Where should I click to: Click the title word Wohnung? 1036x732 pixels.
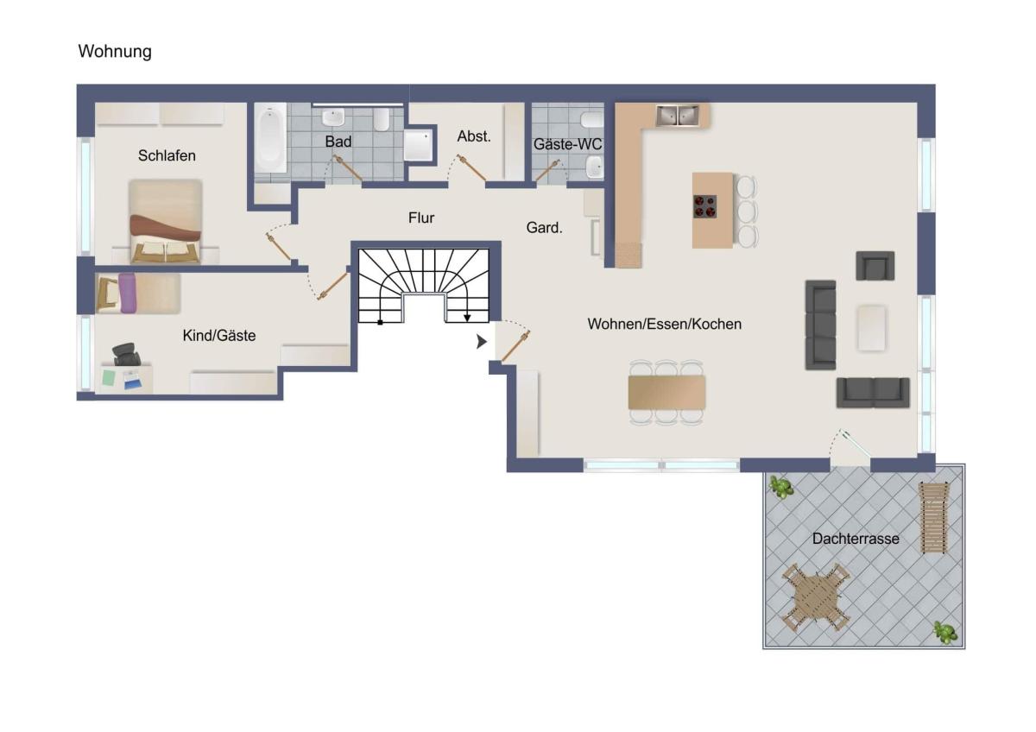pyautogui.click(x=115, y=51)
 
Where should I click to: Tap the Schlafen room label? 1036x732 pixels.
pyautogui.click(x=167, y=155)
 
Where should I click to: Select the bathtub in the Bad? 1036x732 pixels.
pyautogui.click(x=270, y=138)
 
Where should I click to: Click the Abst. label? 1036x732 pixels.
pyautogui.click(x=474, y=136)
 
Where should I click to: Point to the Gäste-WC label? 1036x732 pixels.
pyautogui.click(x=567, y=144)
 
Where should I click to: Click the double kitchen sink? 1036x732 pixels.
pyautogui.click(x=678, y=116)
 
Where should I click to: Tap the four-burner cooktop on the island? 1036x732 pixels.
pyautogui.click(x=704, y=206)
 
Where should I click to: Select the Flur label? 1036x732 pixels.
pyautogui.click(x=421, y=218)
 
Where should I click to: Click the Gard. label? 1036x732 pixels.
pyautogui.click(x=544, y=228)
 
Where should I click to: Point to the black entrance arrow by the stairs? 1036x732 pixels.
pyautogui.click(x=482, y=342)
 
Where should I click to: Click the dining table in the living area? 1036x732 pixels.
pyautogui.click(x=666, y=392)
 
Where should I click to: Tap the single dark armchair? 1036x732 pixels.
pyautogui.click(x=875, y=266)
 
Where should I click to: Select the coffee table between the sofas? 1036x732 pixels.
pyautogui.click(x=872, y=328)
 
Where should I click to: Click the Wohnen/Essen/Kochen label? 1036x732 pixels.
pyautogui.click(x=664, y=324)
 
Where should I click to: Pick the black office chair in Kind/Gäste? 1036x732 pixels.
pyautogui.click(x=126, y=354)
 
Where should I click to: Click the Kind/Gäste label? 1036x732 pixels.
pyautogui.click(x=218, y=335)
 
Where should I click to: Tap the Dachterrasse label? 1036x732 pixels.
pyautogui.click(x=856, y=539)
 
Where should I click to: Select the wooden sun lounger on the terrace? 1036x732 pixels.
pyautogui.click(x=933, y=517)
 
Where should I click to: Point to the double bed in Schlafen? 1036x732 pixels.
pyautogui.click(x=165, y=221)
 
